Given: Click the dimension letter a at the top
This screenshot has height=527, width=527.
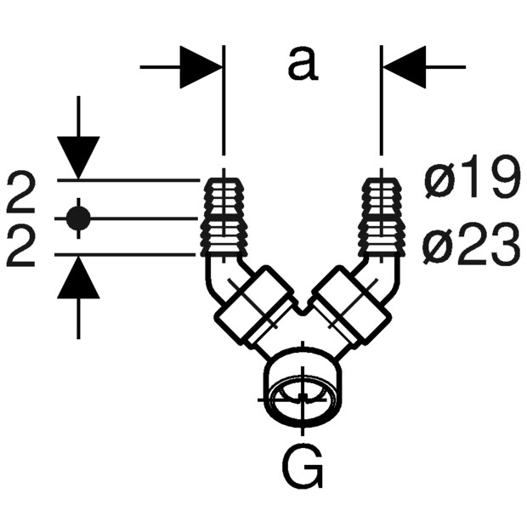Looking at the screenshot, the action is [x=303, y=64].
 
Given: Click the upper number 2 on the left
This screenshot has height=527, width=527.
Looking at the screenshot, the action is [x=21, y=193].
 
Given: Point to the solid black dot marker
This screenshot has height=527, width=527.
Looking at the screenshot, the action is [x=78, y=218].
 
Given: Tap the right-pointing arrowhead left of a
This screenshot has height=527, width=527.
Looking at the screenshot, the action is [x=201, y=67].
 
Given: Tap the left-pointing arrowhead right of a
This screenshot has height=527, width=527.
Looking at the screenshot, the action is [x=405, y=67].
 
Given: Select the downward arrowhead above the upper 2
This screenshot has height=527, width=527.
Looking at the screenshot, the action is [x=78, y=157].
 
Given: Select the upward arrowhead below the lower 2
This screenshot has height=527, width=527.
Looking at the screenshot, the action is [x=78, y=277].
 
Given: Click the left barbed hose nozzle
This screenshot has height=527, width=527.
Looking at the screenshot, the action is [x=224, y=218].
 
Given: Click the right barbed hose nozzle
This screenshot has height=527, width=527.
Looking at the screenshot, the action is [x=381, y=218].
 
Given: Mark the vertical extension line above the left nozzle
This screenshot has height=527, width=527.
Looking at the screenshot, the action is [x=224, y=100].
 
